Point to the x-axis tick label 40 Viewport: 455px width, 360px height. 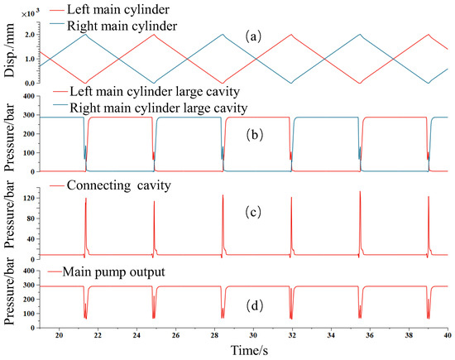pos(447,337)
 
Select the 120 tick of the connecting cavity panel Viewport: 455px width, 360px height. pos(29,199)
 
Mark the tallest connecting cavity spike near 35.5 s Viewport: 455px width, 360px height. pos(360,193)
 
